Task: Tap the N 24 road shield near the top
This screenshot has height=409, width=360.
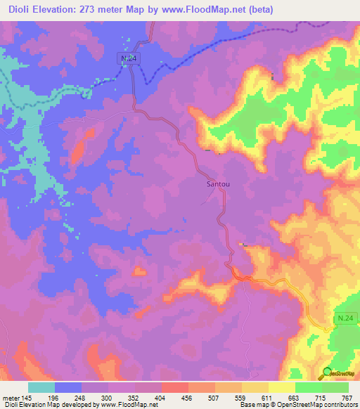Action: click(127, 60)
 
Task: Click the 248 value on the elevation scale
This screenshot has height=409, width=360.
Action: click(89, 397)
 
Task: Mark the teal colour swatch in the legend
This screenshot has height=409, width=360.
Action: click(41, 387)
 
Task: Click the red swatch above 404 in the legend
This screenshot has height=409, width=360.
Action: click(175, 387)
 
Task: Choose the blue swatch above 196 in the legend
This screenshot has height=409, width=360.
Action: click(68, 387)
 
